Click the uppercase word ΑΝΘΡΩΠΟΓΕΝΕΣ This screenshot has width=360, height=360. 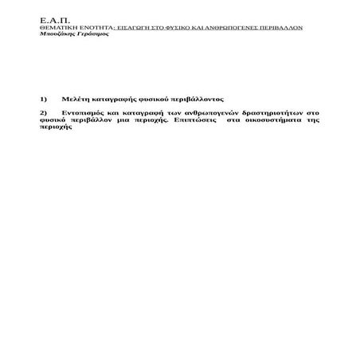(x=237, y=27)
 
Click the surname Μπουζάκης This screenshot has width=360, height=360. (x=58, y=33)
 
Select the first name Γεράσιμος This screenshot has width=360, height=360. (x=93, y=33)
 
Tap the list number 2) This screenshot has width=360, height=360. (x=44, y=113)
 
